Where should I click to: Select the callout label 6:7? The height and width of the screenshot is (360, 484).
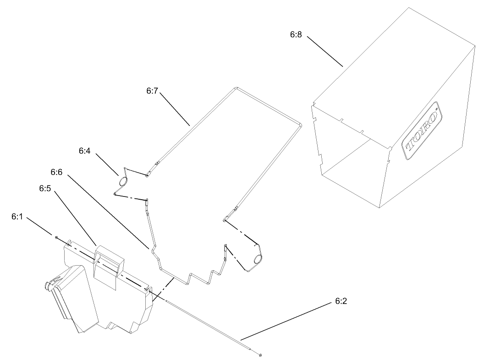(152, 91)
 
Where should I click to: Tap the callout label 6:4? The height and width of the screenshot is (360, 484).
(84, 150)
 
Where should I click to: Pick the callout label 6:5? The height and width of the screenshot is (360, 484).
(45, 188)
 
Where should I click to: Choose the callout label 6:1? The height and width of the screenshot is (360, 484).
(17, 217)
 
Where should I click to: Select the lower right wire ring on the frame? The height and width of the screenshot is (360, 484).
(257, 260)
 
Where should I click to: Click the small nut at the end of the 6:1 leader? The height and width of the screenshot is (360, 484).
(56, 237)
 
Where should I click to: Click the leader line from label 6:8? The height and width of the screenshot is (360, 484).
(325, 51)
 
